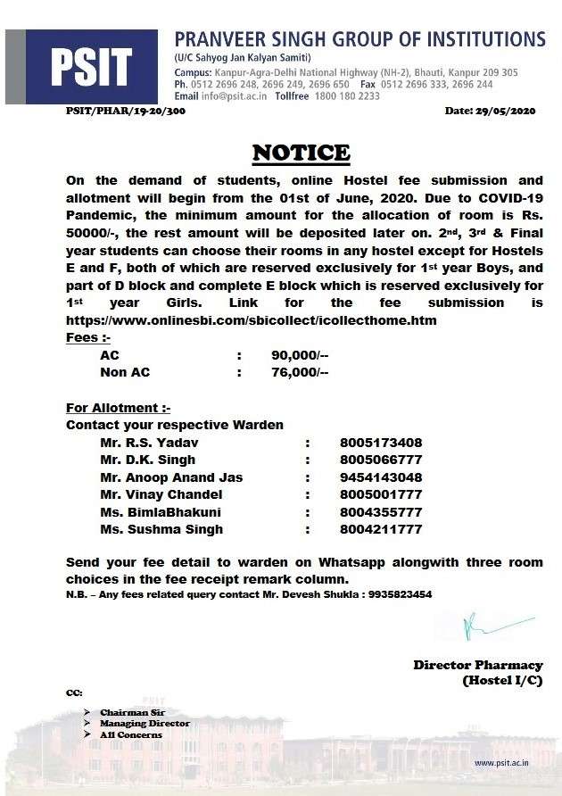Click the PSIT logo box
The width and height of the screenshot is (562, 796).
(90, 65)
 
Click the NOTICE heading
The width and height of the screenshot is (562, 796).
(301, 153)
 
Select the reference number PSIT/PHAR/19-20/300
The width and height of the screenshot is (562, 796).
(125, 111)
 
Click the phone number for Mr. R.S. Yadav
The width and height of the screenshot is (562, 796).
(381, 443)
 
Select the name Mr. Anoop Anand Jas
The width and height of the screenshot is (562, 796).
(171, 477)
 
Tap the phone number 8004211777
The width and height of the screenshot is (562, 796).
(381, 529)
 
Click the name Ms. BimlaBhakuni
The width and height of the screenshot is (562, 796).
(161, 512)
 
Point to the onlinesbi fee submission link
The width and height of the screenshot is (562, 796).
(251, 320)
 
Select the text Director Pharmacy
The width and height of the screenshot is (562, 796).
(477, 665)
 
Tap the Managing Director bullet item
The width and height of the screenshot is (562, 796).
(145, 723)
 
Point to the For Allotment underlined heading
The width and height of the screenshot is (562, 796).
(118, 408)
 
